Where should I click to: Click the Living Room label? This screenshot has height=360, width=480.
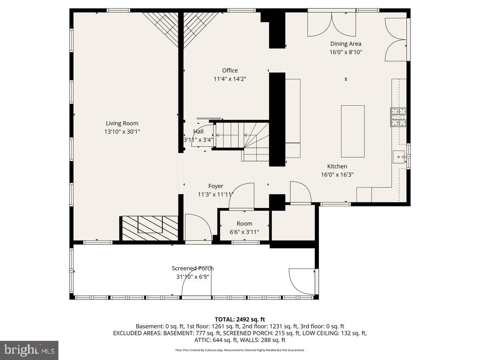point(122,124)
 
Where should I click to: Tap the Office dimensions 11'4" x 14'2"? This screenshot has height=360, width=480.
point(230,79)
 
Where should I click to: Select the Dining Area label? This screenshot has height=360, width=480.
point(346,44)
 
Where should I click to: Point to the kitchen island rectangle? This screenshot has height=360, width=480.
point(352,131)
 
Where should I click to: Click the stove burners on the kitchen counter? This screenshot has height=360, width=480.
point(398,117)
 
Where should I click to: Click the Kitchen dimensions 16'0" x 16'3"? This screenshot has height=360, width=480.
point(337,174)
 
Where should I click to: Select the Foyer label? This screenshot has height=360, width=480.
point(216,186)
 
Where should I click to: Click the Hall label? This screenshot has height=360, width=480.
point(198,132)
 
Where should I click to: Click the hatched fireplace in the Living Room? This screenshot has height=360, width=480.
point(150,228)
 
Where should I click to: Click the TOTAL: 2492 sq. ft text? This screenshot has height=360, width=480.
point(240,319)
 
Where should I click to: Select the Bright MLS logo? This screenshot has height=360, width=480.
point(29,350)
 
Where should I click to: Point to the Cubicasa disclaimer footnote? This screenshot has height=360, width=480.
point(240,350)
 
